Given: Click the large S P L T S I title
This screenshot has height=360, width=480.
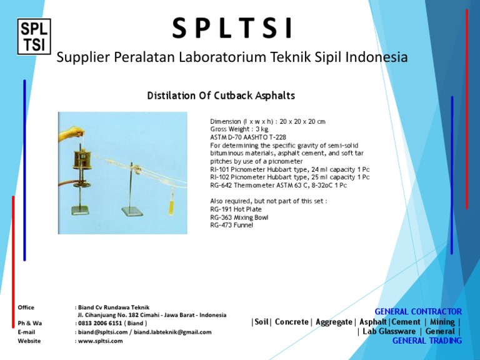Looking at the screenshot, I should click(232, 28).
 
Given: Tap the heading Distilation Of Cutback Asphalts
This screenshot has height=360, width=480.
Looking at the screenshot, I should click(221, 96).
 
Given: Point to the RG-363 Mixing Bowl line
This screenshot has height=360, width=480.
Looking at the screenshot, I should click(239, 217).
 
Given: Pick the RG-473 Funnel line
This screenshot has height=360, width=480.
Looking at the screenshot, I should click(232, 225).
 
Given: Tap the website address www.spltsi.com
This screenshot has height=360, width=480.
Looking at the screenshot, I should click(100, 341).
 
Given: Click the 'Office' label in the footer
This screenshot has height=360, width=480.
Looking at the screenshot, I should click(26, 307).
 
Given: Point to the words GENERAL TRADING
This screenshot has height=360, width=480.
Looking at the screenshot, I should click(427, 341).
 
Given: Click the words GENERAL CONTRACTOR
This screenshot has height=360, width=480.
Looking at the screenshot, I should click(418, 311).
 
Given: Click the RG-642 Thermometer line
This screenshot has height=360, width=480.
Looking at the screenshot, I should click(279, 186).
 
